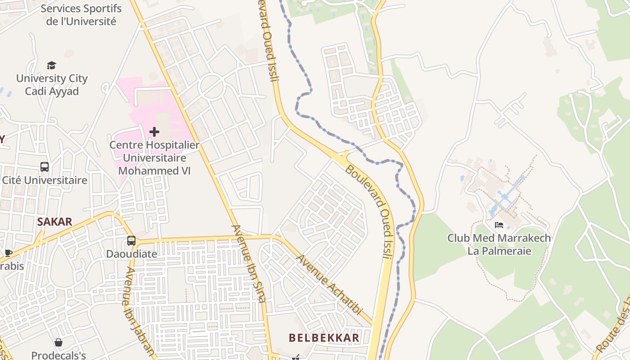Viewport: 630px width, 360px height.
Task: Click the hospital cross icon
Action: pyautogui.click(x=154, y=132)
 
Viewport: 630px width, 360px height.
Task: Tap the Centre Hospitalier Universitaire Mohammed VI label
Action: pyautogui.click(x=154, y=158)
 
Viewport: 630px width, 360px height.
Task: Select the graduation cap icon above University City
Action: pyautogui.click(x=52, y=66)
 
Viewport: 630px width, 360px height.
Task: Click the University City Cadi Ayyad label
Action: pyautogui.click(x=52, y=85)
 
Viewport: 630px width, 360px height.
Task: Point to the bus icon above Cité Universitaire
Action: pyautogui.click(x=45, y=167)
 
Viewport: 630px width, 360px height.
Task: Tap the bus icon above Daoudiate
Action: pyautogui.click(x=131, y=241)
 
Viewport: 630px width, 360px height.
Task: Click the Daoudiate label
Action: pyautogui.click(x=131, y=254)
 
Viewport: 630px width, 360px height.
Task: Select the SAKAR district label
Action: pyautogui.click(x=54, y=221)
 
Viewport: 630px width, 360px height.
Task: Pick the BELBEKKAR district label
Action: pyautogui.click(x=324, y=337)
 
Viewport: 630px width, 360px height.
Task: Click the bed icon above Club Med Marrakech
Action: pyautogui.click(x=499, y=225)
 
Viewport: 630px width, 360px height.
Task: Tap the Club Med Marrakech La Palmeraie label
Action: pyautogui.click(x=499, y=244)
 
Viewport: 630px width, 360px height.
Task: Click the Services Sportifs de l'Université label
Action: pyautogui.click(x=81, y=15)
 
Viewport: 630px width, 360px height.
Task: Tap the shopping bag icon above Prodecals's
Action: pyautogui.click(x=58, y=343)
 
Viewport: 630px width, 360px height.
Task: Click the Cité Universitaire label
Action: pyautogui.click(x=45, y=180)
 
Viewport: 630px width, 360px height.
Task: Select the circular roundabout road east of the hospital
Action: pyautogui.click(x=211, y=86)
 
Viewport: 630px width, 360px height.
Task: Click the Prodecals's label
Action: pyautogui.click(x=58, y=355)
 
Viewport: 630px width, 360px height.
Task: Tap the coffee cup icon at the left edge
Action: pyautogui.click(x=8, y=253)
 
